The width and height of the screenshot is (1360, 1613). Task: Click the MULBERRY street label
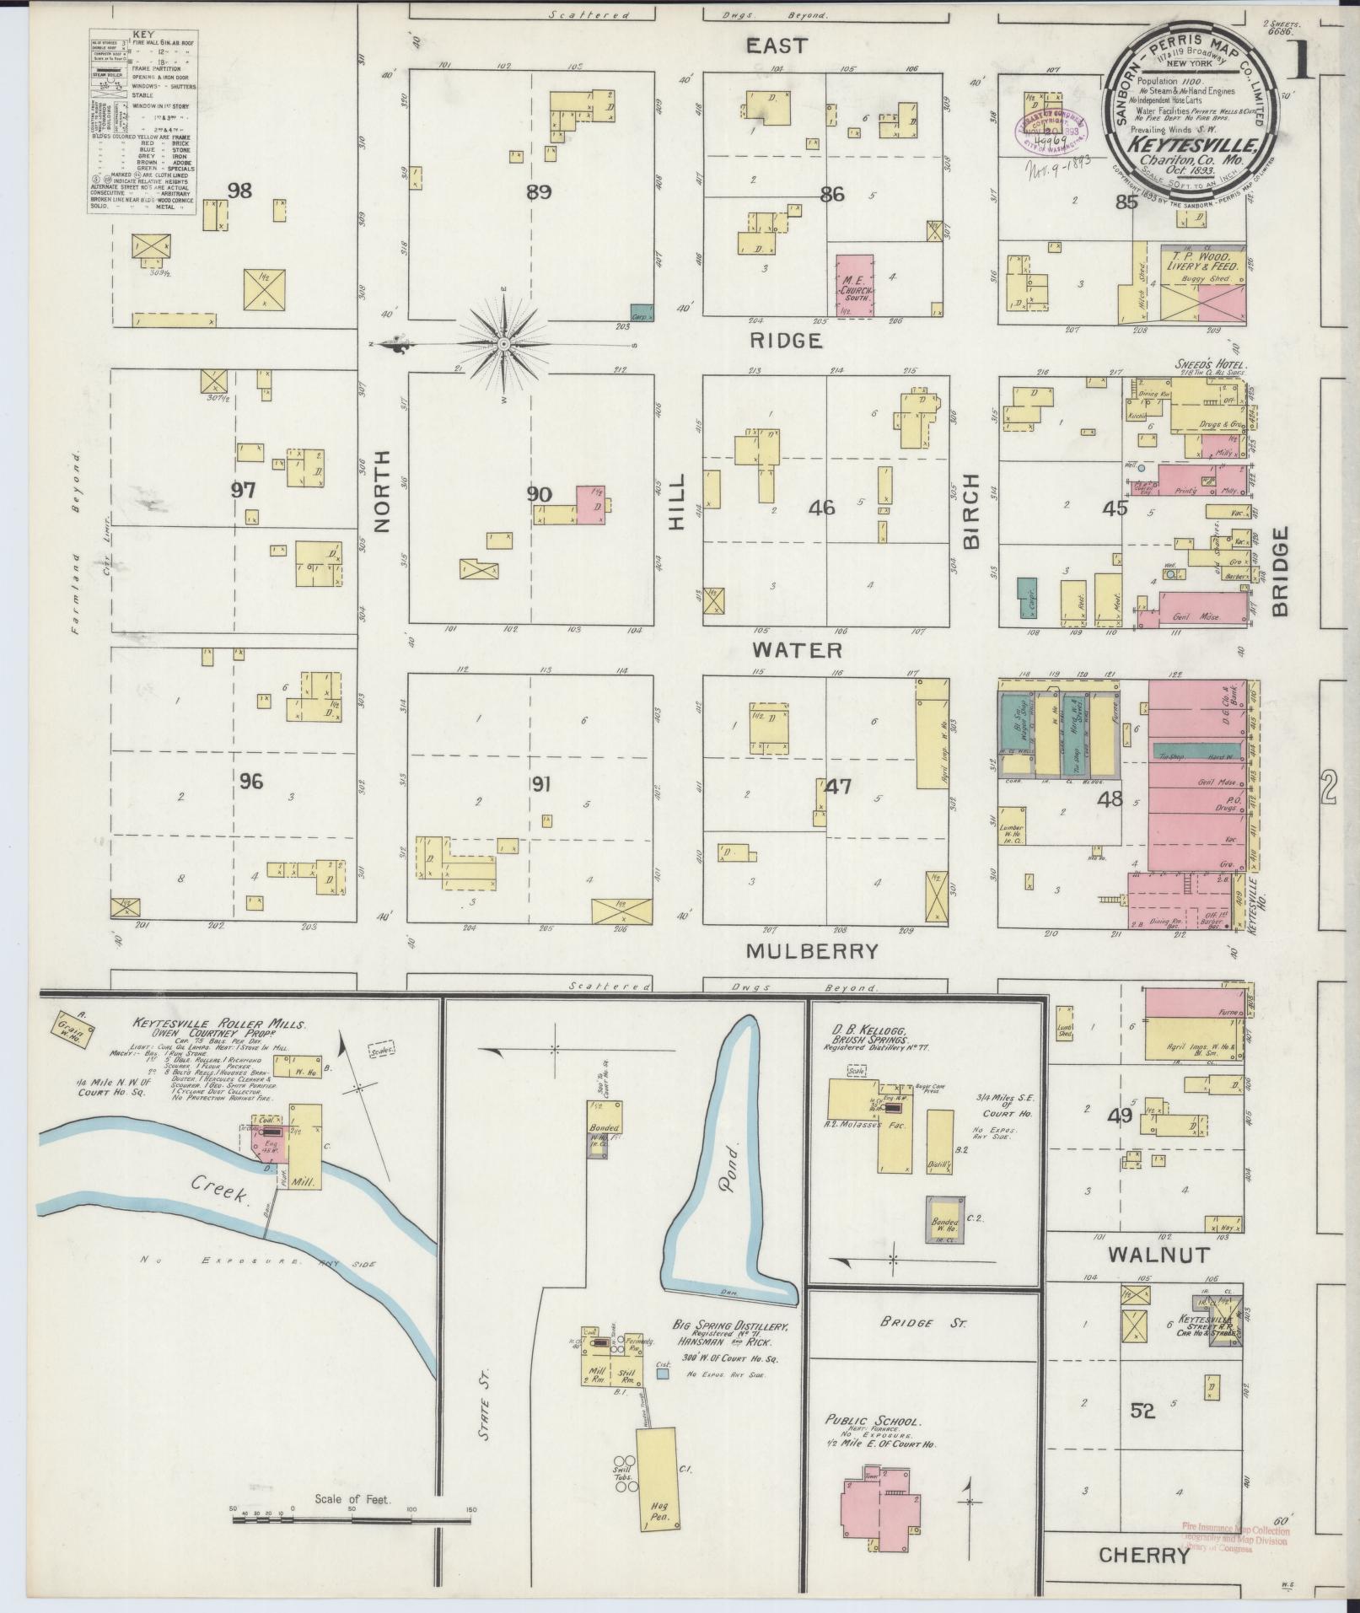813,951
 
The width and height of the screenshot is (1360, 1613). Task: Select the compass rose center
503,344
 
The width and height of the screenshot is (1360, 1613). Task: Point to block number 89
539,192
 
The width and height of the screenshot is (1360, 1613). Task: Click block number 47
838,787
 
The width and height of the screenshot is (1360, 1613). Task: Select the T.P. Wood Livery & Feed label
1201,261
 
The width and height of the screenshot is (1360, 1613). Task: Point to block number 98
239,191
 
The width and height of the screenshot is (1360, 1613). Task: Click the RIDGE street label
786,341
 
